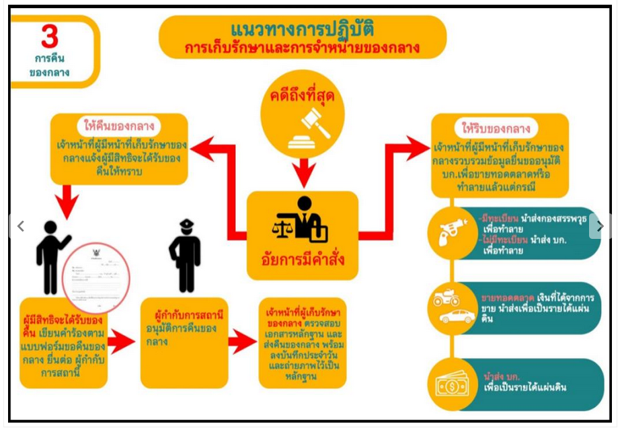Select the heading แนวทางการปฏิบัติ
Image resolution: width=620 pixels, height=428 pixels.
point(302,30)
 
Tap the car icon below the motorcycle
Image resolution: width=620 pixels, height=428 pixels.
point(458,316)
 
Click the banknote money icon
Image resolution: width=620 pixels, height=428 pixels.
point(452,384)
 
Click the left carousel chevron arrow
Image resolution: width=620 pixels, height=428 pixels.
point(20,226)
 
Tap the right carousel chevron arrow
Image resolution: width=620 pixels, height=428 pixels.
point(600,226)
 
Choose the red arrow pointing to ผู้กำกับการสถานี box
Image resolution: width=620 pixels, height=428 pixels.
point(122,343)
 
